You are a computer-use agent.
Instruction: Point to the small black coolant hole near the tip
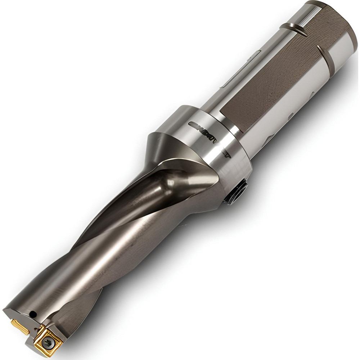click(x=33, y=314)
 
